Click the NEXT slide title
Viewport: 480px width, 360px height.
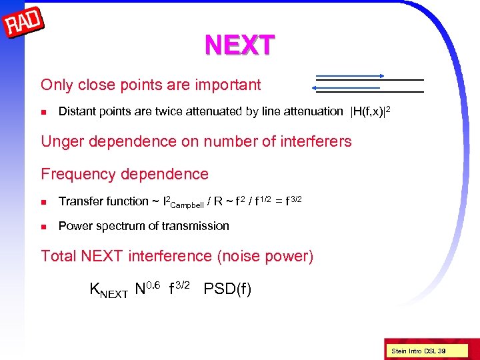tap(239, 45)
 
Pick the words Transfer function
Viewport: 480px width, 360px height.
tap(103, 201)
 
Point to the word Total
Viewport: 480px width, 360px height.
tap(59, 256)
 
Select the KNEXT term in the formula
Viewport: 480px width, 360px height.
tap(109, 290)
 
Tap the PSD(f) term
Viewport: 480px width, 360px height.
tap(227, 289)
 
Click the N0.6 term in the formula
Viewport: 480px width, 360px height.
tap(147, 289)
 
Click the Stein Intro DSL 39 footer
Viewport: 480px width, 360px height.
tap(419, 351)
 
